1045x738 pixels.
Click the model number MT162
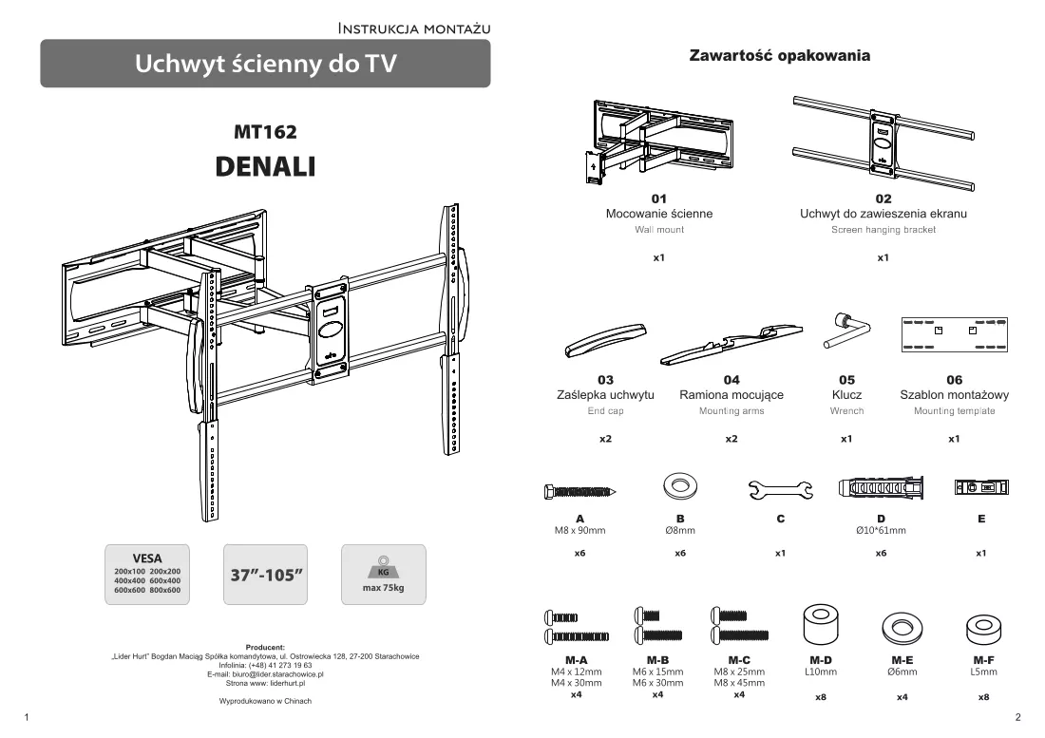point(265,132)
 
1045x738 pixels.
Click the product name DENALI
point(265,166)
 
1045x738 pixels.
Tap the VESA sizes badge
point(147,575)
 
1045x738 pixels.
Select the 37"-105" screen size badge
point(265,575)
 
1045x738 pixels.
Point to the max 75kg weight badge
point(383,575)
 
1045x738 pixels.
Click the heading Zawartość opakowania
point(780,55)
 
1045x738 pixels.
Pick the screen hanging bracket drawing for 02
point(883,144)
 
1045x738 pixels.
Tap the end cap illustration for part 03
point(606,340)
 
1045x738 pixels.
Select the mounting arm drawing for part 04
point(731,345)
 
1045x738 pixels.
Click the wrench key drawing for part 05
point(846,331)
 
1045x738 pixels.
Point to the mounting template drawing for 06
point(955,334)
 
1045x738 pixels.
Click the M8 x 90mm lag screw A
point(579,492)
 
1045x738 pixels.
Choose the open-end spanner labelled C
point(780,489)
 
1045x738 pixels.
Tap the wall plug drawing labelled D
point(881,487)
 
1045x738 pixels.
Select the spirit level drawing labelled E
point(981,487)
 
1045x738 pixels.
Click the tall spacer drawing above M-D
point(821,625)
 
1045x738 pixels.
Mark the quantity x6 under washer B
point(680,553)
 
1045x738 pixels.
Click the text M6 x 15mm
point(657,672)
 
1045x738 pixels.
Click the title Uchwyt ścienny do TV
point(265,64)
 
